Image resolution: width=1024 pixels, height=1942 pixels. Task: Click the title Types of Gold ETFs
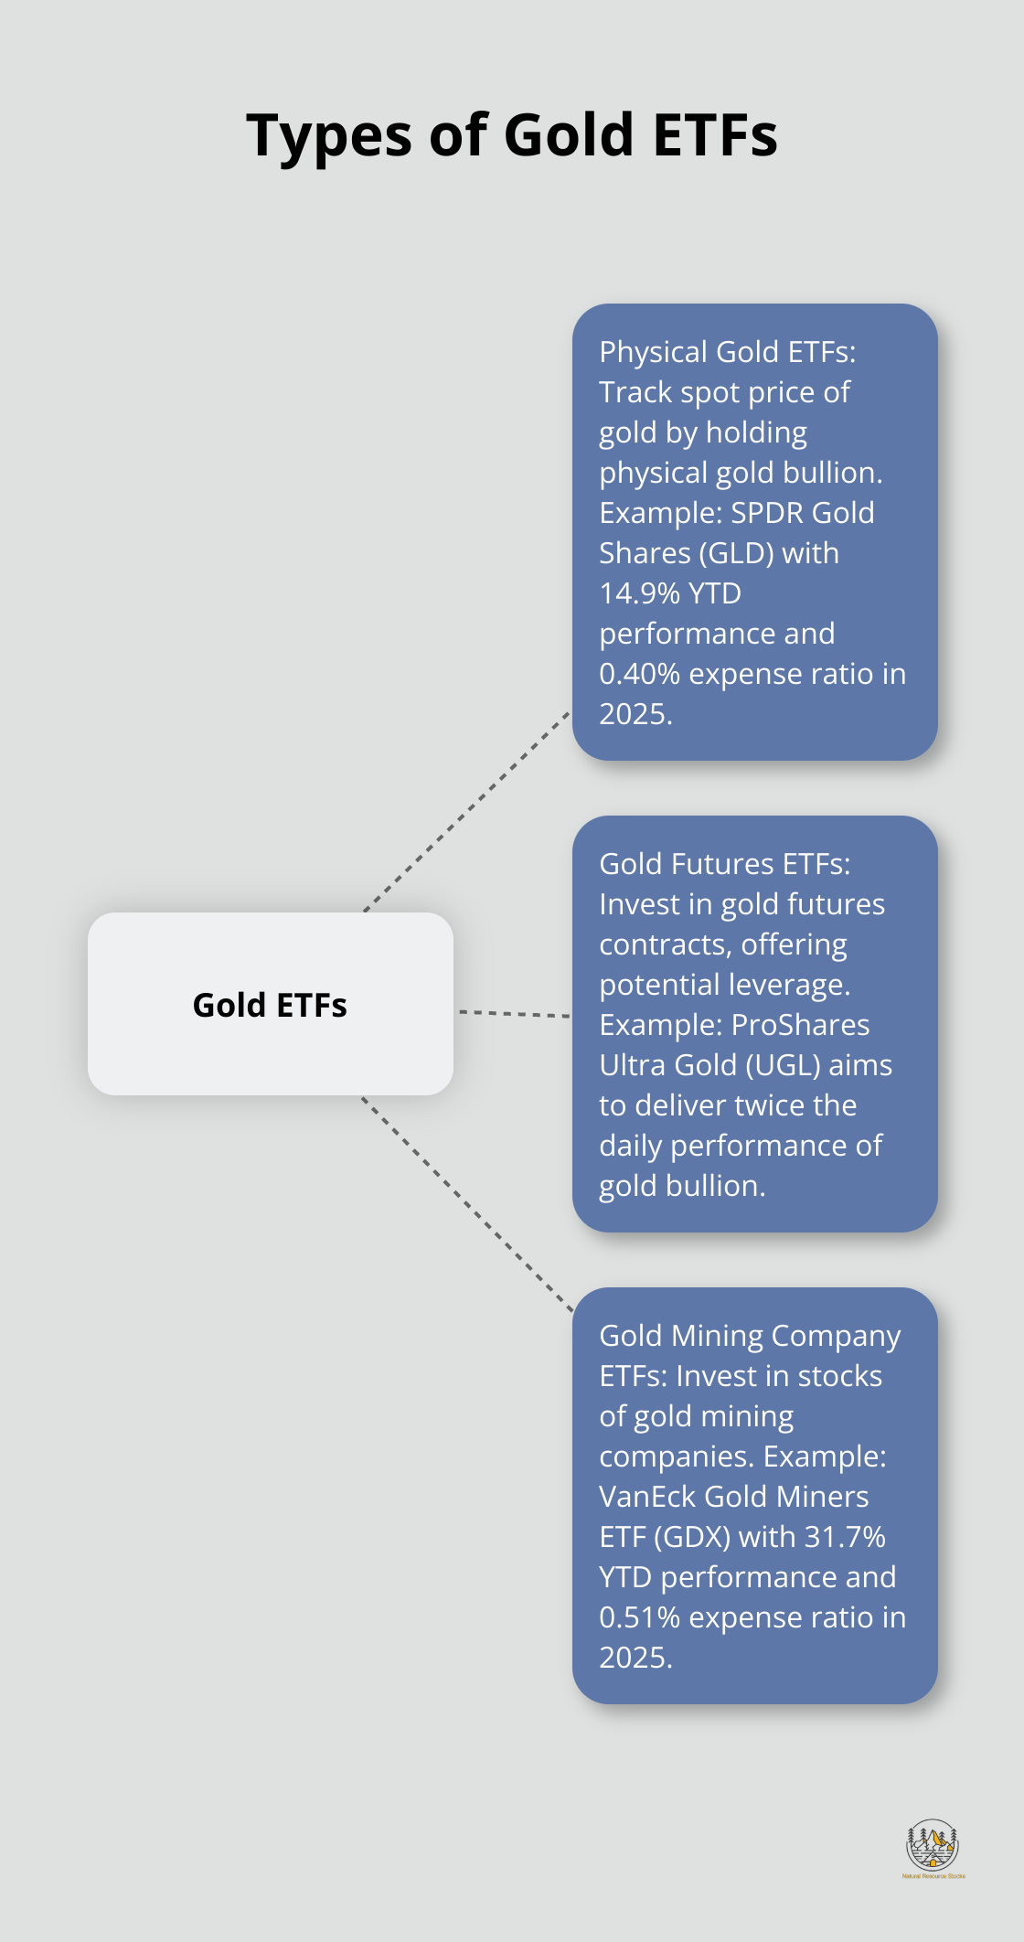[512, 135]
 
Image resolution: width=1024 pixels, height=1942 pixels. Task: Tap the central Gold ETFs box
[271, 1004]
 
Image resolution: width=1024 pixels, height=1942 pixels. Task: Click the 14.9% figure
[637, 593]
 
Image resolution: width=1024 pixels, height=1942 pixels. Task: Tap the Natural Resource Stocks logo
[933, 1848]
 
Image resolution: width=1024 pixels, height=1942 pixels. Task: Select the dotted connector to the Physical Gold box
[466, 812]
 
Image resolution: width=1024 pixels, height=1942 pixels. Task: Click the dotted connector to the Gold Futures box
[514, 1014]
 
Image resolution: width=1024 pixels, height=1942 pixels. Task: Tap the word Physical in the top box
[653, 352]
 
